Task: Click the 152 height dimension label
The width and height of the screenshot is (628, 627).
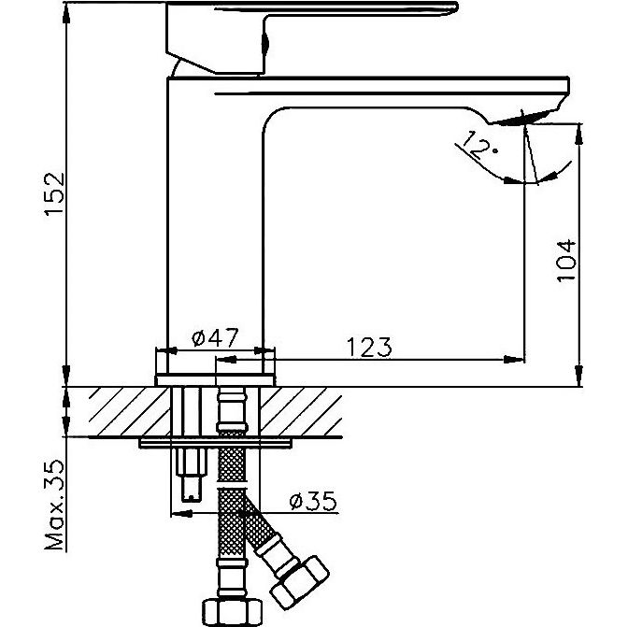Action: click(x=55, y=194)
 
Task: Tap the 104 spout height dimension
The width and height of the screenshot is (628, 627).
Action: click(x=566, y=261)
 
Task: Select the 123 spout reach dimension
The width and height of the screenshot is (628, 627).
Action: click(x=369, y=347)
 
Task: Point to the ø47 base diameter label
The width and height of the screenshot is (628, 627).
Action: click(x=215, y=338)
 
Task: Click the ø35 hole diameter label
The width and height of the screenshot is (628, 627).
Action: click(x=313, y=501)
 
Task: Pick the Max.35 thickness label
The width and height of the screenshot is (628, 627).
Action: click(x=54, y=505)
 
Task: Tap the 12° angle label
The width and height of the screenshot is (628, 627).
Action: click(x=477, y=146)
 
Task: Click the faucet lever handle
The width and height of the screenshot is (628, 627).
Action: click(x=311, y=37)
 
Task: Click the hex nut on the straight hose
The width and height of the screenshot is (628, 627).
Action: click(x=232, y=612)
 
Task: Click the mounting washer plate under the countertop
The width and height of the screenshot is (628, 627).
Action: click(x=215, y=443)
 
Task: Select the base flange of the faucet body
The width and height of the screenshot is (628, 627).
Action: click(x=215, y=380)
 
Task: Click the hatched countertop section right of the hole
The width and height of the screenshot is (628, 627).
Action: click(x=301, y=411)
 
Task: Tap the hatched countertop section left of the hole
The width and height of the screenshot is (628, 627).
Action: click(x=129, y=411)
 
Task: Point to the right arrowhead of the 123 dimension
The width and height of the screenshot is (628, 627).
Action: click(x=514, y=360)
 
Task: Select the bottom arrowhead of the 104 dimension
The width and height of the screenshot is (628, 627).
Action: click(x=579, y=377)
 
